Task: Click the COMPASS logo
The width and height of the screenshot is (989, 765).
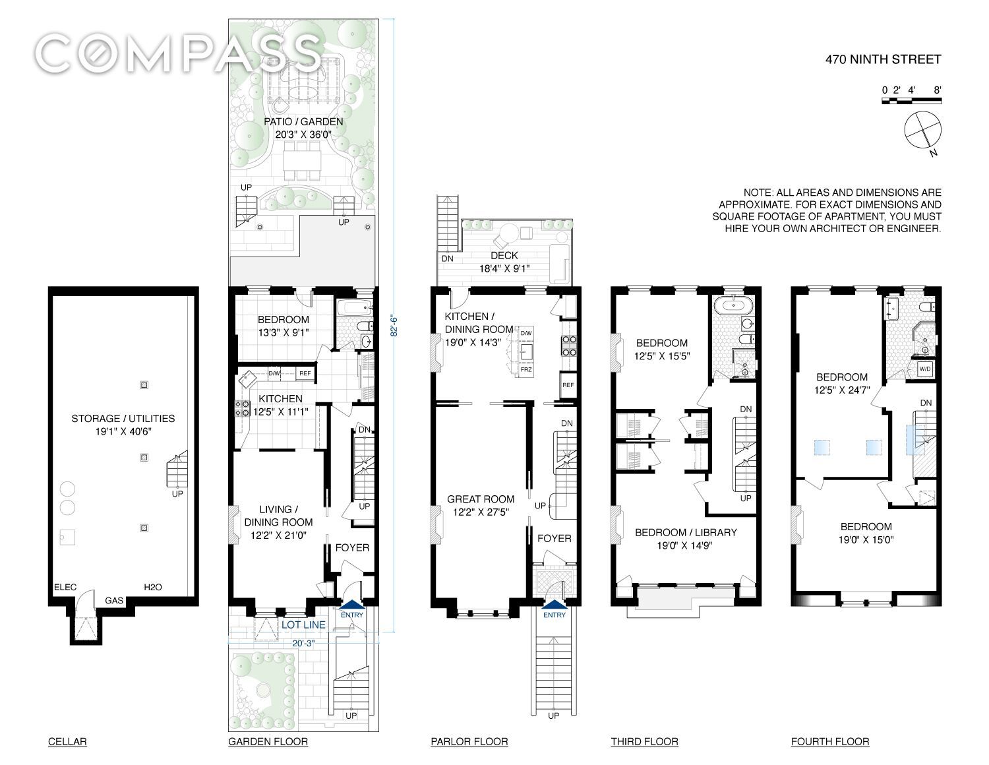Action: (x=179, y=55)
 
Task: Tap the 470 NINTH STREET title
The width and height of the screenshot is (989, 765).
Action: (x=883, y=59)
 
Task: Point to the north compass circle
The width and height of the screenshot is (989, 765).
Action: (x=922, y=130)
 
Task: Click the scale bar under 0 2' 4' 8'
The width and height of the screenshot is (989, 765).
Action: (x=912, y=101)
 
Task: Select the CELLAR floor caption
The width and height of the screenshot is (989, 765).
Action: (x=67, y=741)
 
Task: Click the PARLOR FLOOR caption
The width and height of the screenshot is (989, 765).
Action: (x=469, y=741)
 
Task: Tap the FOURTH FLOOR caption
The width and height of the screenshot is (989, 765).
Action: (x=829, y=741)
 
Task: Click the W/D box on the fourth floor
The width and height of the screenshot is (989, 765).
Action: (x=925, y=369)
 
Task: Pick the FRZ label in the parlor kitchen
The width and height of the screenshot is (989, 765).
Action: (x=525, y=369)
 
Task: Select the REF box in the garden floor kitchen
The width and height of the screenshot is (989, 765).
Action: (x=305, y=373)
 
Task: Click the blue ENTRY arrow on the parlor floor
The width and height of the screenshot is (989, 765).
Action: (x=554, y=604)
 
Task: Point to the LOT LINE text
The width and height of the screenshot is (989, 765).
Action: (x=303, y=625)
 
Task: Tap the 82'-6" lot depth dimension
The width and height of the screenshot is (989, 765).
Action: (x=394, y=326)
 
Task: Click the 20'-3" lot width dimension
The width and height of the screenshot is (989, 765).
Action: (x=303, y=643)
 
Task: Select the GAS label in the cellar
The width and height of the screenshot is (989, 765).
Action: (x=114, y=601)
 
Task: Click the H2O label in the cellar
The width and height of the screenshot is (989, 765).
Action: (x=153, y=587)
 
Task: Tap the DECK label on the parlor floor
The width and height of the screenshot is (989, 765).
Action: (x=504, y=256)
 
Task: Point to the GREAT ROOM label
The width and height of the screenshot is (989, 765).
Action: (x=481, y=499)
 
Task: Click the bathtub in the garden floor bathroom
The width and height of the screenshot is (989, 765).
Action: (x=355, y=308)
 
